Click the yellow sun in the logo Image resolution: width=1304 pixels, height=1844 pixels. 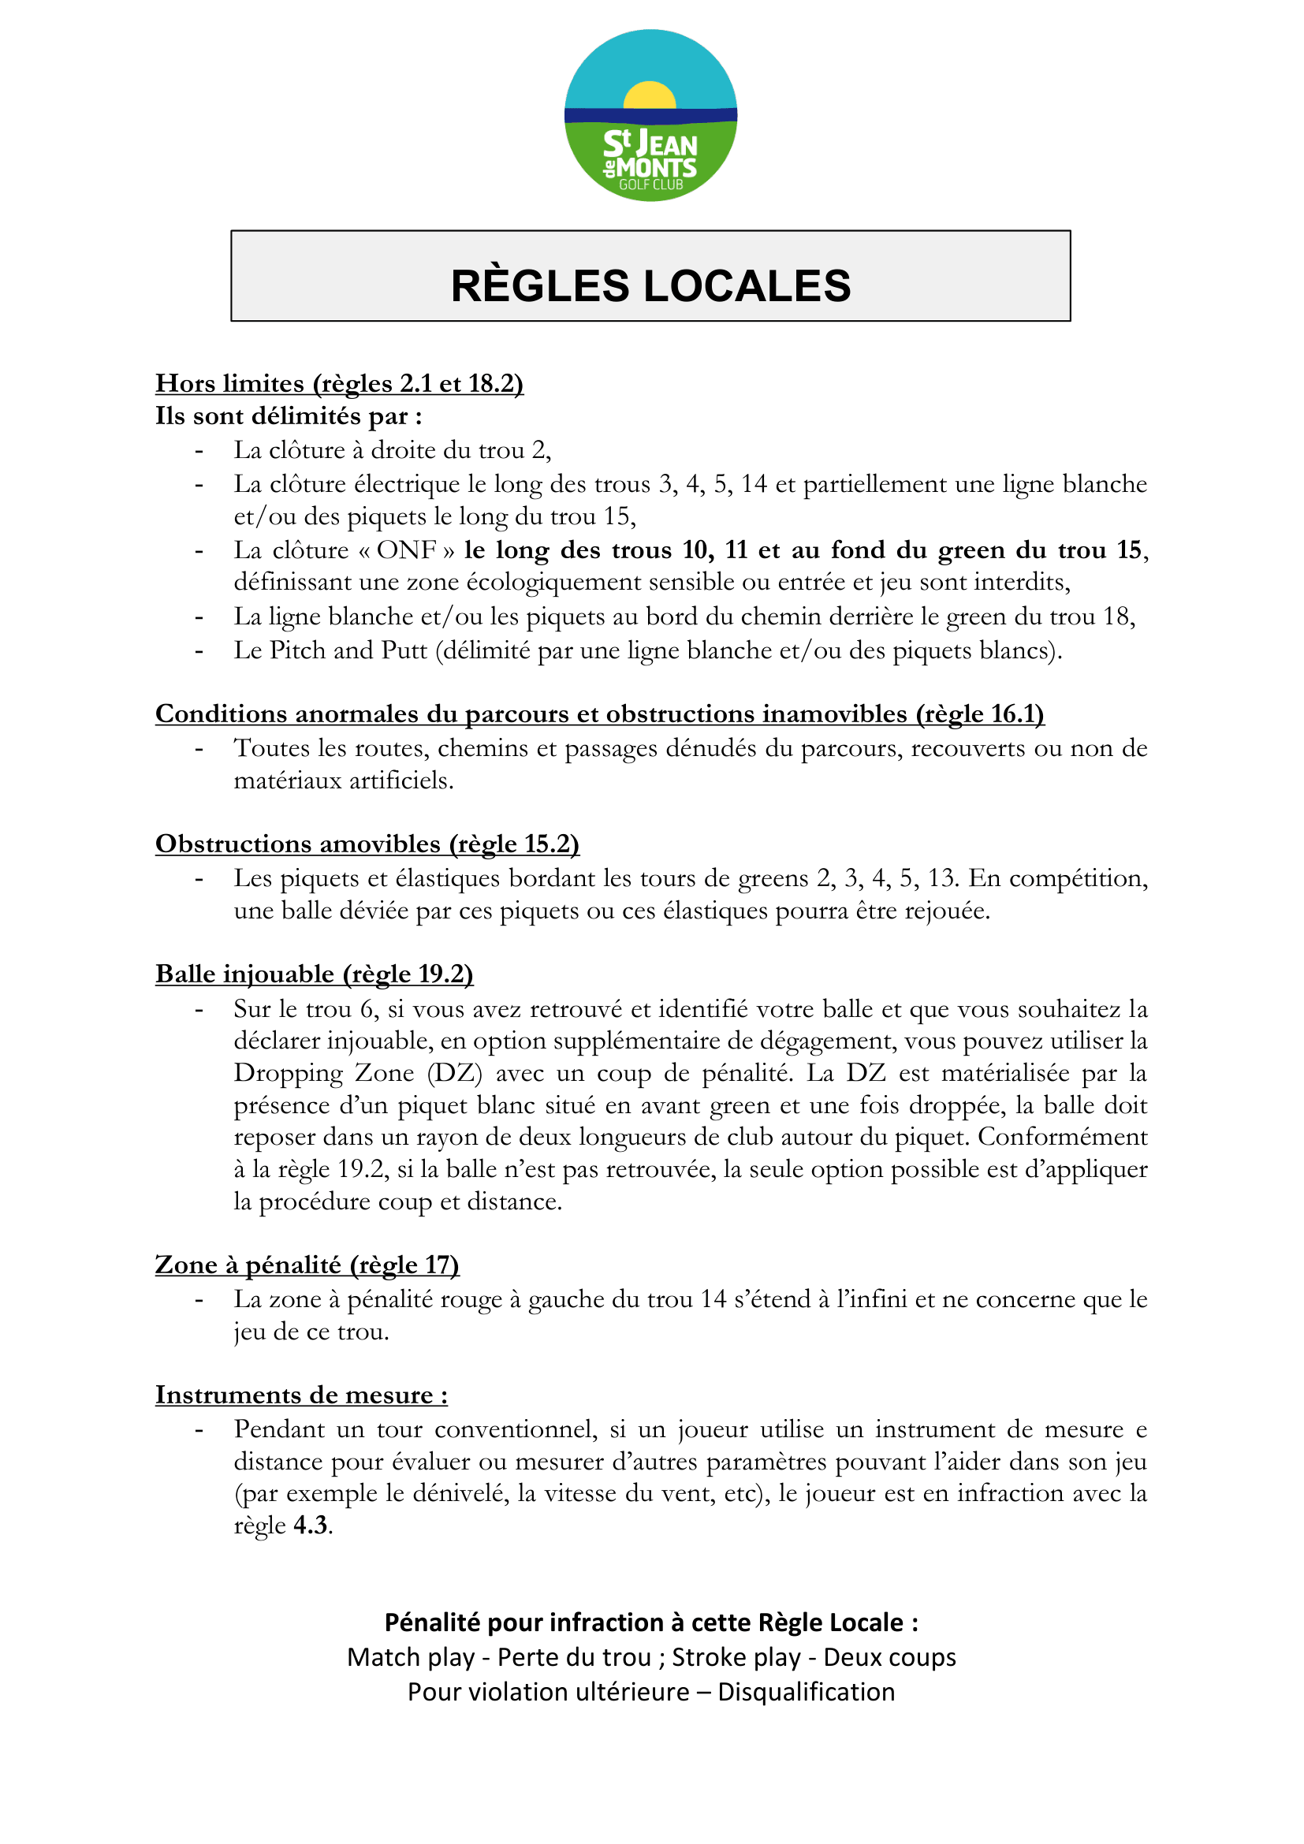(650, 95)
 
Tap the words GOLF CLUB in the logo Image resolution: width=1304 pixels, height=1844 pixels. (650, 184)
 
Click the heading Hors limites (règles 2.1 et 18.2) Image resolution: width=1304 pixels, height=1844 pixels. (339, 383)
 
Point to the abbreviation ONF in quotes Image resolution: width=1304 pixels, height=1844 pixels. (406, 550)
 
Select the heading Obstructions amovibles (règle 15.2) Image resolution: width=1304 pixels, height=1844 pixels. (367, 844)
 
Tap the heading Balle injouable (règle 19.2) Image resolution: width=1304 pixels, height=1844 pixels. (314, 974)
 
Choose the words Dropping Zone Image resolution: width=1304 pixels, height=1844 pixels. (323, 1073)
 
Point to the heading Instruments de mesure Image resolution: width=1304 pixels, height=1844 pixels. (301, 1395)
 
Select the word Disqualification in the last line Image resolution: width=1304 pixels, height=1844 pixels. (807, 1692)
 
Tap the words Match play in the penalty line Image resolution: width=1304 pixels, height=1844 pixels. (410, 1658)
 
